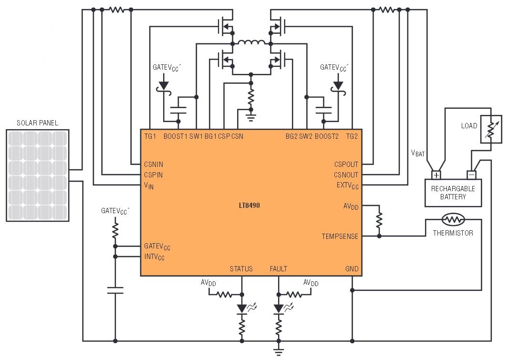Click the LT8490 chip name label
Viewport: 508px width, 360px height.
(249, 205)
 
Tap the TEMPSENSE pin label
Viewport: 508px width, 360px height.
(340, 237)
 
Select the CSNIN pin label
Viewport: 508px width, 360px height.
(154, 165)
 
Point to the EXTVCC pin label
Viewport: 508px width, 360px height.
(348, 185)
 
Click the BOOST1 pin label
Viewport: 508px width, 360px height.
(175, 136)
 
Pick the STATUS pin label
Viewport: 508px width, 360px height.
(241, 269)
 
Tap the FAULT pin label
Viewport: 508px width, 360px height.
(278, 269)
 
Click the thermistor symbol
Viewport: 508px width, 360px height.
(453, 219)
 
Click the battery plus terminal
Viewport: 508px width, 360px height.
(436, 175)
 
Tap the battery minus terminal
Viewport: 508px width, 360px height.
(471, 175)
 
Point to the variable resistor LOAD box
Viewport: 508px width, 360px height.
(491, 129)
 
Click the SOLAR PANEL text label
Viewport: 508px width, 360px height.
(38, 123)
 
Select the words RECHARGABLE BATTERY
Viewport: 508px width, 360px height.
(453, 193)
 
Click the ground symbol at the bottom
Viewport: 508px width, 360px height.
(278, 352)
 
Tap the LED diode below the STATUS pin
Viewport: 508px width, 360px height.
(242, 308)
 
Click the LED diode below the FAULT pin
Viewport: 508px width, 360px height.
(279, 308)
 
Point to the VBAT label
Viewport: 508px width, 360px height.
(418, 153)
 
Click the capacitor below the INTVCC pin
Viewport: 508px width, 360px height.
(115, 290)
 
